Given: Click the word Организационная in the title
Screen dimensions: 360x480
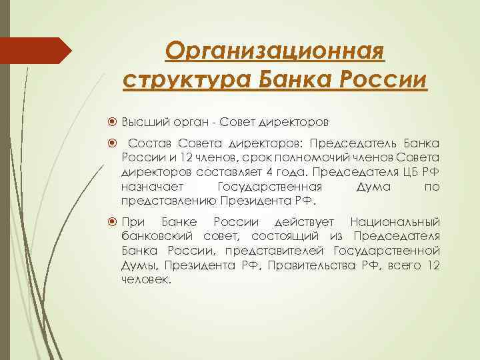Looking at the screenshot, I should click(274, 50).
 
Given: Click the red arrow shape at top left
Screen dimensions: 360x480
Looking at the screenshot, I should click(36, 50).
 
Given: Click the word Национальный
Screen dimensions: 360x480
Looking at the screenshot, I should click(395, 222).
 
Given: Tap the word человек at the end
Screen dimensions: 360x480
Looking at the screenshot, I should click(146, 280).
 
